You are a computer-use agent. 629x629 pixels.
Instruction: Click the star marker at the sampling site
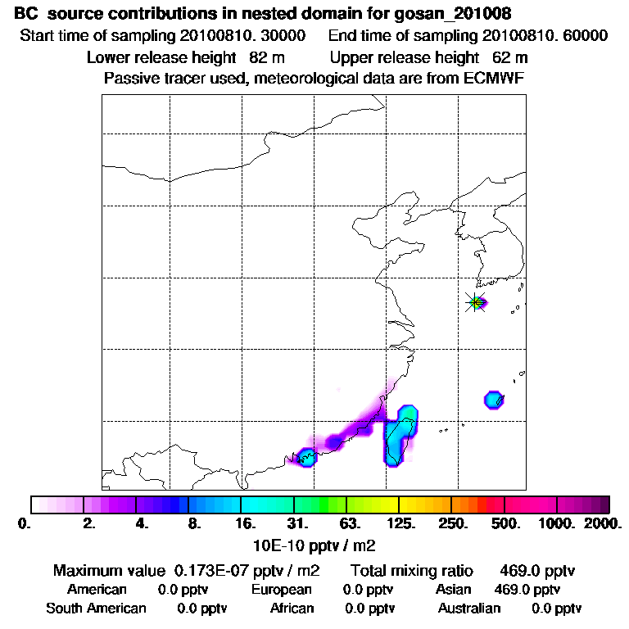point(475,302)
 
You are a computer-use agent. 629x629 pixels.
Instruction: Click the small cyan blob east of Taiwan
point(493,400)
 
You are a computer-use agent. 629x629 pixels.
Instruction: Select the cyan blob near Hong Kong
point(307,457)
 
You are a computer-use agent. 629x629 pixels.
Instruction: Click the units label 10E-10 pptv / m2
point(315,543)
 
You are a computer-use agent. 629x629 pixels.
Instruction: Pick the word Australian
point(469,608)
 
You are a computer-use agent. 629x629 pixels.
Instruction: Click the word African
point(292,608)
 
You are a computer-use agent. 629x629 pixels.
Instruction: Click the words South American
point(96,608)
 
